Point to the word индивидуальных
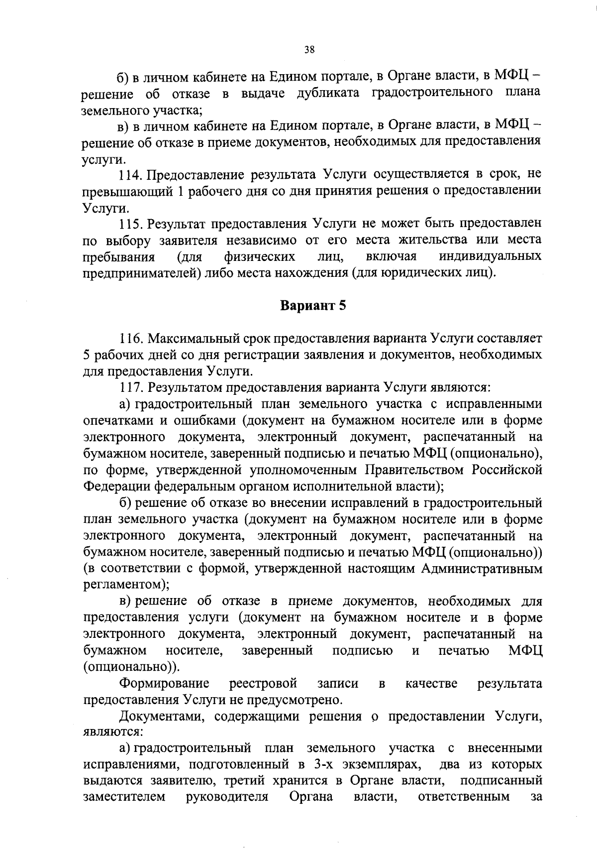click(x=490, y=257)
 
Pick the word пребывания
click(x=118, y=257)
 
